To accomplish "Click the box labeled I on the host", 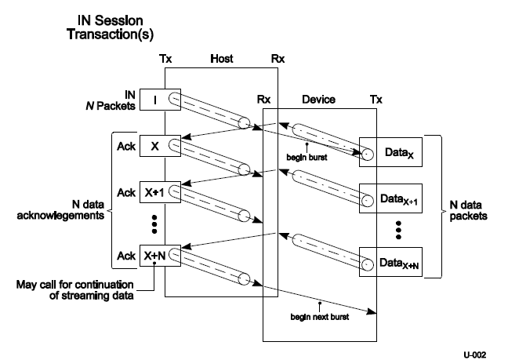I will [154, 100].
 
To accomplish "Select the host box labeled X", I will [154, 146].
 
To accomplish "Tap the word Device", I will [318, 100].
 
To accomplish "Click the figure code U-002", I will [477, 351].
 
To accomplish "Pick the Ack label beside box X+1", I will [125, 192].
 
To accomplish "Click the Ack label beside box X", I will [125, 146].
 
